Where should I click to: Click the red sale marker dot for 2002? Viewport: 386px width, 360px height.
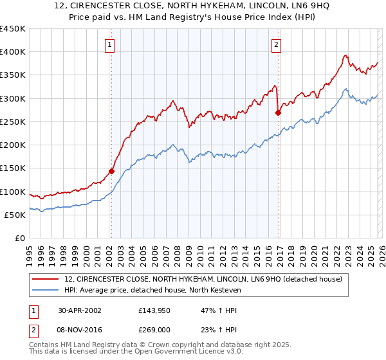(x=111, y=171)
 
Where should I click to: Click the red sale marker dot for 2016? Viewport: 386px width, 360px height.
(x=278, y=113)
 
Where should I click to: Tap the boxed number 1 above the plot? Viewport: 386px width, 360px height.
(x=111, y=45)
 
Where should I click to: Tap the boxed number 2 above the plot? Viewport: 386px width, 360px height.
(x=276, y=45)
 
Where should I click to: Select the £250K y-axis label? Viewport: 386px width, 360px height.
(x=13, y=122)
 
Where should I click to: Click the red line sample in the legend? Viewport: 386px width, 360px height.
(x=46, y=279)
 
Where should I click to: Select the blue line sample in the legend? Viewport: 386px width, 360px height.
(x=46, y=291)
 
